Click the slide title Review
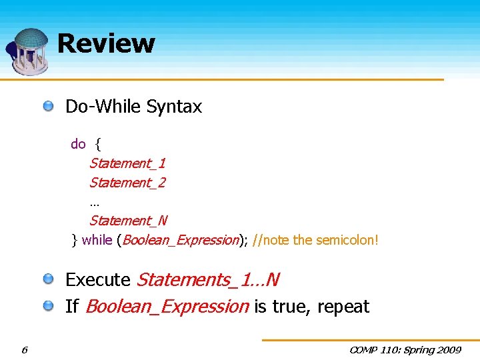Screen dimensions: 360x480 coord(106,44)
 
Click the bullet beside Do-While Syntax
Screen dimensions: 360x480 coord(49,106)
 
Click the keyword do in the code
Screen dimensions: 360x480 coord(78,144)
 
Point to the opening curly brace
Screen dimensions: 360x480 coord(98,144)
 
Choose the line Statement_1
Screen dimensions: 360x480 coord(127,163)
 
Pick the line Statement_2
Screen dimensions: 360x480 coord(127,183)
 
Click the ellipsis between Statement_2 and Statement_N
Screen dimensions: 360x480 coord(94,202)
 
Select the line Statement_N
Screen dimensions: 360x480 coord(128,221)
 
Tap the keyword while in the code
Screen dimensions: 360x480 coord(97,240)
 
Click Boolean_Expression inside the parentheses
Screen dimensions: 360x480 coord(180,240)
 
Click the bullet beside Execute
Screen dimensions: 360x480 coord(49,279)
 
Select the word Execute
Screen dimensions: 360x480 coord(98,279)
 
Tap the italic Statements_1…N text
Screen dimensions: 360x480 coord(207,279)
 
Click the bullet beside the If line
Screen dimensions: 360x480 coord(49,306)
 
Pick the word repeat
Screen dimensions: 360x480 coord(343,307)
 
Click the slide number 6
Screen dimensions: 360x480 coord(24,349)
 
